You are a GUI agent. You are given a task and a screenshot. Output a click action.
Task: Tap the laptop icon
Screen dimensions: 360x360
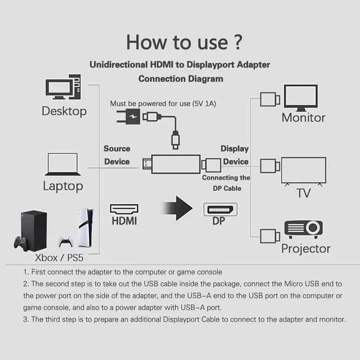pyautogui.click(x=62, y=164)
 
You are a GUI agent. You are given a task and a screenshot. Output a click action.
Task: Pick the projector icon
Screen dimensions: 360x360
pyautogui.click(x=303, y=228)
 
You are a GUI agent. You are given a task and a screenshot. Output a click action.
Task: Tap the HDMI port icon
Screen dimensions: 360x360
pyautogui.click(x=124, y=209)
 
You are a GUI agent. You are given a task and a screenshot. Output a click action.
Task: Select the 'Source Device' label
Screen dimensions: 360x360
pyautogui.click(x=116, y=155)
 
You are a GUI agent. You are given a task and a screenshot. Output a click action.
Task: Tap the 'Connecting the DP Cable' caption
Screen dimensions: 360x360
pyautogui.click(x=226, y=183)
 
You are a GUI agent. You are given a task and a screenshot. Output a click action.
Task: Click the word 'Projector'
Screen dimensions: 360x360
pyautogui.click(x=305, y=248)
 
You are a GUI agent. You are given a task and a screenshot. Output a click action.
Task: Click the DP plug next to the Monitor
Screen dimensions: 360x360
pyautogui.click(x=269, y=100)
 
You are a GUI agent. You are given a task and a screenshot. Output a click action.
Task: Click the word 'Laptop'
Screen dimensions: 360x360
pyautogui.click(x=63, y=186)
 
